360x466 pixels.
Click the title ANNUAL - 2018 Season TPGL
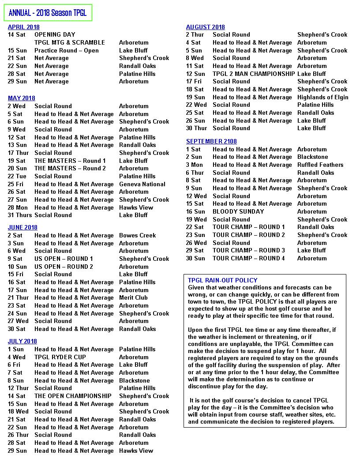point(48,13)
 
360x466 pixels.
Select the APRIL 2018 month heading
point(24,27)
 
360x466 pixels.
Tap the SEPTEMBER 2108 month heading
point(211,141)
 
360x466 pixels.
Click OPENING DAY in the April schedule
point(55,34)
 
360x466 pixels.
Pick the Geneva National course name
point(142,184)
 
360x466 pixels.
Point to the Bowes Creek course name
point(137,235)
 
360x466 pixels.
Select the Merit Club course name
point(133,298)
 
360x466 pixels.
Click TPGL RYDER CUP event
point(60,357)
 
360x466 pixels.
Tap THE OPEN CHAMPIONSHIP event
point(73,396)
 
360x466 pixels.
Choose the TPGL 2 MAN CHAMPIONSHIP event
point(254,74)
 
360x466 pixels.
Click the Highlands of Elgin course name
point(322,97)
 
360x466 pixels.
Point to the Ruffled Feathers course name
point(320,165)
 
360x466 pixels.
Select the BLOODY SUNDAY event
point(238,211)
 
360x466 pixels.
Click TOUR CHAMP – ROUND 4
point(249,258)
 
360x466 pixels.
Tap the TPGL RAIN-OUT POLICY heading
point(222,280)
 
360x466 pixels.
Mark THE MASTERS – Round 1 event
point(70,161)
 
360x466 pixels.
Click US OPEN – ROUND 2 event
point(64,267)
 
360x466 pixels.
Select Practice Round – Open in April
point(67,50)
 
